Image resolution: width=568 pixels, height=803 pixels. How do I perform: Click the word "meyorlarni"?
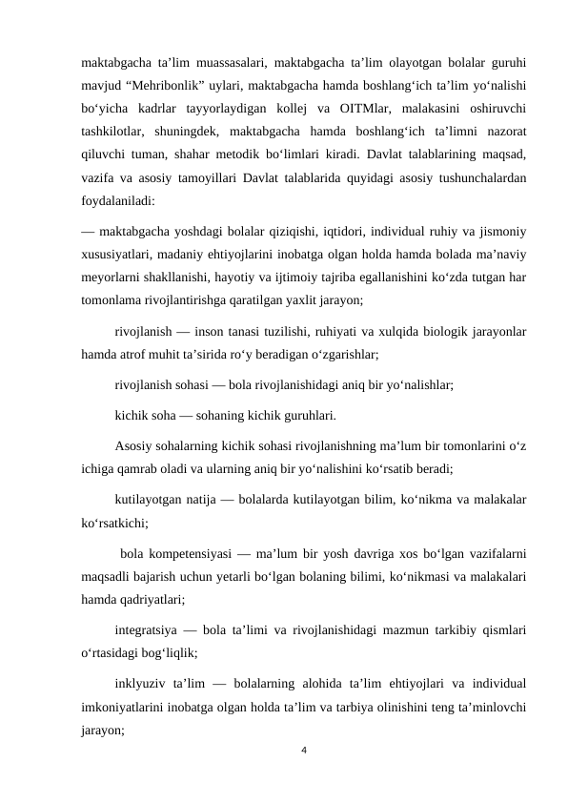tap(112, 282)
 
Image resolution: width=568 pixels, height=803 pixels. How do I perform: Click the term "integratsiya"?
tap(145, 631)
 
